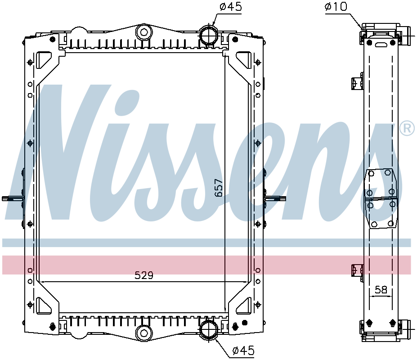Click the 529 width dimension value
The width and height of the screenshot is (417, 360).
point(144,275)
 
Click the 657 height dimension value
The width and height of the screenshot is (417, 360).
point(219,188)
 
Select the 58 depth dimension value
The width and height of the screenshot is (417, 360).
point(381,290)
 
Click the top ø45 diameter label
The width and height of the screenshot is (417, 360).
point(230,7)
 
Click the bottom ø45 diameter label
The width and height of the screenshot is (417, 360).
point(243,350)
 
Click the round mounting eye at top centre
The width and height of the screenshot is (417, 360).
point(144,32)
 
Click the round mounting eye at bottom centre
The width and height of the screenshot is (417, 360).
point(144,333)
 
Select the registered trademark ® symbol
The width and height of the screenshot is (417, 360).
point(407,129)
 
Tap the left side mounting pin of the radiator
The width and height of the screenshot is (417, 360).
point(12,198)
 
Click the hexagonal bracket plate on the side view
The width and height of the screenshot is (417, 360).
point(381,198)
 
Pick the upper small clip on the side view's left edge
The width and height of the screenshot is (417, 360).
point(356,83)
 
